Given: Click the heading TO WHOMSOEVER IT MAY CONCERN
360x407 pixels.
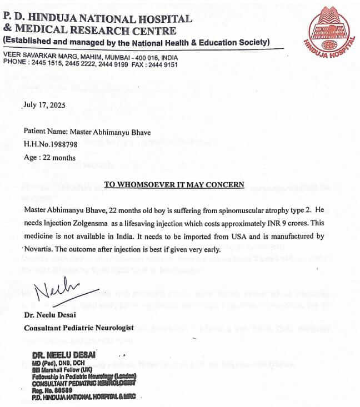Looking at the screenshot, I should click(x=173, y=184).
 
